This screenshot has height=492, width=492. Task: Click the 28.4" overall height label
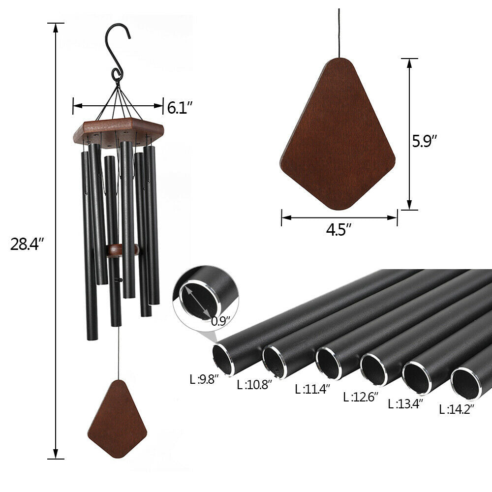coord(28,244)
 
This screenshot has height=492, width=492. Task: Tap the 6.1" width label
coord(180,107)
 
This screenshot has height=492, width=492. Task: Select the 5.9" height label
coord(425,142)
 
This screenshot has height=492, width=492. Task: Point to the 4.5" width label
coord(339,230)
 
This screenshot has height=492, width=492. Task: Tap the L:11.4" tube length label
coord(312,389)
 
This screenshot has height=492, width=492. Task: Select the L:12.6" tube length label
coord(360,397)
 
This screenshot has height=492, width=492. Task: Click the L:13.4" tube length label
coord(405,404)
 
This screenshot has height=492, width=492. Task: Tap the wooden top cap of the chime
coord(118,130)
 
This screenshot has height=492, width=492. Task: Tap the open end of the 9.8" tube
coord(223,359)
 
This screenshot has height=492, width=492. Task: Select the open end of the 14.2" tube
coord(465,383)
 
